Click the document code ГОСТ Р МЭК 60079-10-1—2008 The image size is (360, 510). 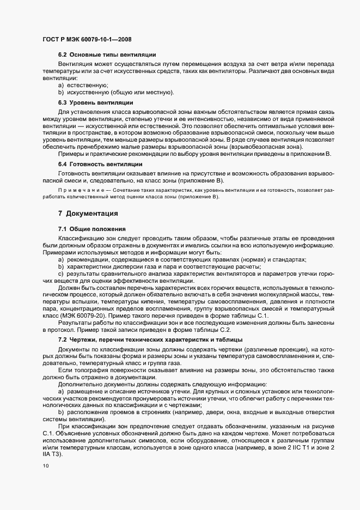pyautogui.click(x=86, y=39)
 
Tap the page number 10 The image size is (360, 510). pyautogui.click(x=45, y=466)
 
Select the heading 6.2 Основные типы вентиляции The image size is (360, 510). pyautogui.click(x=107, y=55)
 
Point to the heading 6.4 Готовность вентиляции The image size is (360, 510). pyautogui.click(x=100, y=164)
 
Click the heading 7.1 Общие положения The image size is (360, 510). pyautogui.click(x=92, y=229)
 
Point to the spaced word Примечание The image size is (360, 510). pyautogui.click(x=80, y=190)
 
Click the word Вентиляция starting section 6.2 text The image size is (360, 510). pyautogui.click(x=76, y=65)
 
